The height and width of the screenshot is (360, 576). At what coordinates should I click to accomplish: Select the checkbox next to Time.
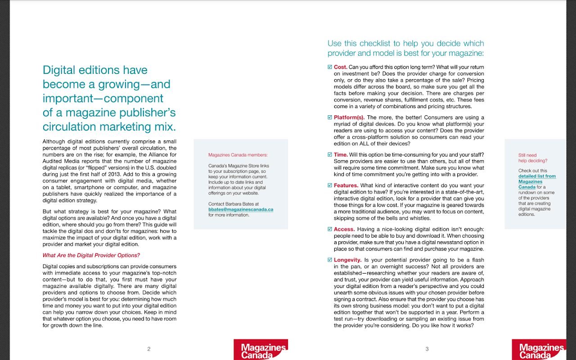click(330, 155)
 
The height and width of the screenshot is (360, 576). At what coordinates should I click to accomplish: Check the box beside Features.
click(330, 185)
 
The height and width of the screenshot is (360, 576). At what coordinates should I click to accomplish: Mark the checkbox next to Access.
click(330, 229)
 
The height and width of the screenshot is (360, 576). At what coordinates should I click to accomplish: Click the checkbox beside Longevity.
click(330, 260)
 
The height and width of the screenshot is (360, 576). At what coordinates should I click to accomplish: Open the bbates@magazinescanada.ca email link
click(241, 209)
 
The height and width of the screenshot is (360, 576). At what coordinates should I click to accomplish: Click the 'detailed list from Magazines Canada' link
click(536, 181)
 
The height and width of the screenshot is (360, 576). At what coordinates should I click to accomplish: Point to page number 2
click(148, 349)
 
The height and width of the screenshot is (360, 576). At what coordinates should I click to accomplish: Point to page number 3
click(427, 349)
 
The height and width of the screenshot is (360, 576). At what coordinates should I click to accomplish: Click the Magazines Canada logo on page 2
click(261, 350)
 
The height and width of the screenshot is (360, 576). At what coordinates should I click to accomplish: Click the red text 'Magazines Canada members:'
click(238, 155)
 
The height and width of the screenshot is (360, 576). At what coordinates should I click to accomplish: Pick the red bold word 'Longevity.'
click(348, 260)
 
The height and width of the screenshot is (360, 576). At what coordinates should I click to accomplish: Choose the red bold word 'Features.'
click(346, 185)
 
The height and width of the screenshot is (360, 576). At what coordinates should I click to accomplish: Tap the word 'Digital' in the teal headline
click(59, 70)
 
